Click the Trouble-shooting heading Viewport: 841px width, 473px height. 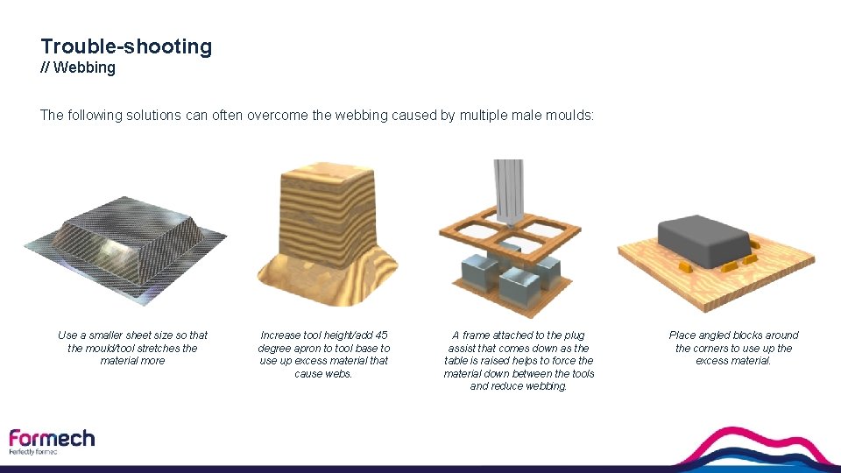[126, 46]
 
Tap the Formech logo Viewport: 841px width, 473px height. [52, 438]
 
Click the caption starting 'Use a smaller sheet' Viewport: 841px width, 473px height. [133, 348]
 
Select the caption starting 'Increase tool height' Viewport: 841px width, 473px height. [325, 354]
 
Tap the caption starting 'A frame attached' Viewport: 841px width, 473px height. [519, 360]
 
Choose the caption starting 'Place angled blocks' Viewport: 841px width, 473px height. [733, 348]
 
